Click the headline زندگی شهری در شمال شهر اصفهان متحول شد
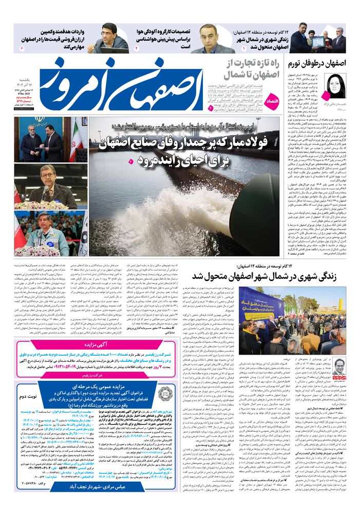pos(263,276)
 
